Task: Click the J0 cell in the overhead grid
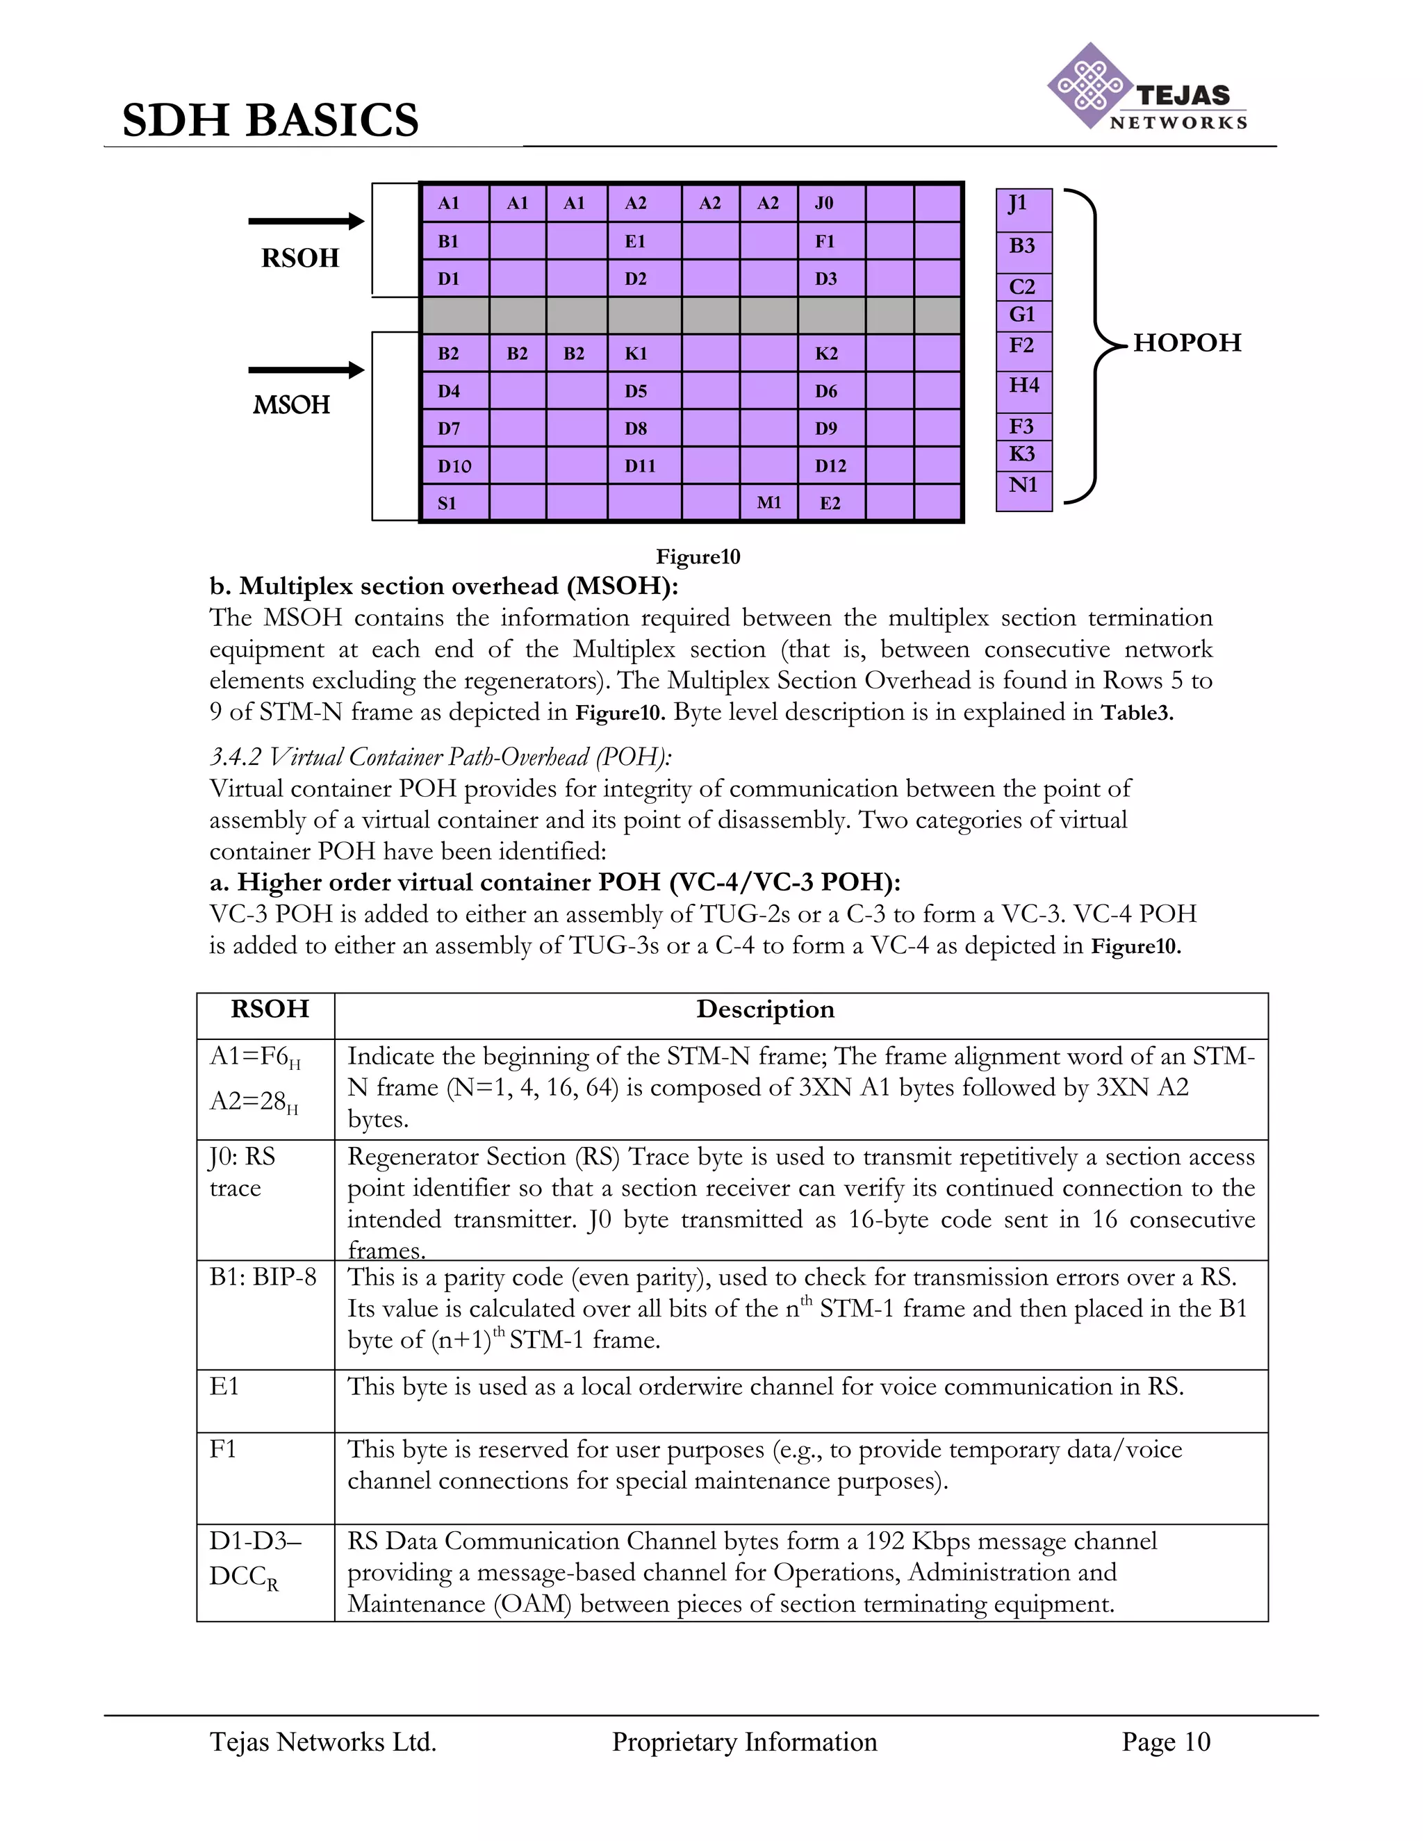click(830, 203)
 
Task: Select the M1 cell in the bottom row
click(768, 503)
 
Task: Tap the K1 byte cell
click(643, 353)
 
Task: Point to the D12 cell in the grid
click(830, 466)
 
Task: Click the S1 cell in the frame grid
click(454, 503)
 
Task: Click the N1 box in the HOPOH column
click(1023, 486)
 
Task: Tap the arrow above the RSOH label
click(306, 222)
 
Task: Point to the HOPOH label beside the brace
click(1187, 343)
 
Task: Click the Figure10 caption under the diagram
click(698, 557)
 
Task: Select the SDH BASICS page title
click(270, 119)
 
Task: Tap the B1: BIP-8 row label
click(262, 1277)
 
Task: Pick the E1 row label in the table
click(224, 1387)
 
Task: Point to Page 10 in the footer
click(1165, 1742)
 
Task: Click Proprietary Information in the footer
click(744, 1742)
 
